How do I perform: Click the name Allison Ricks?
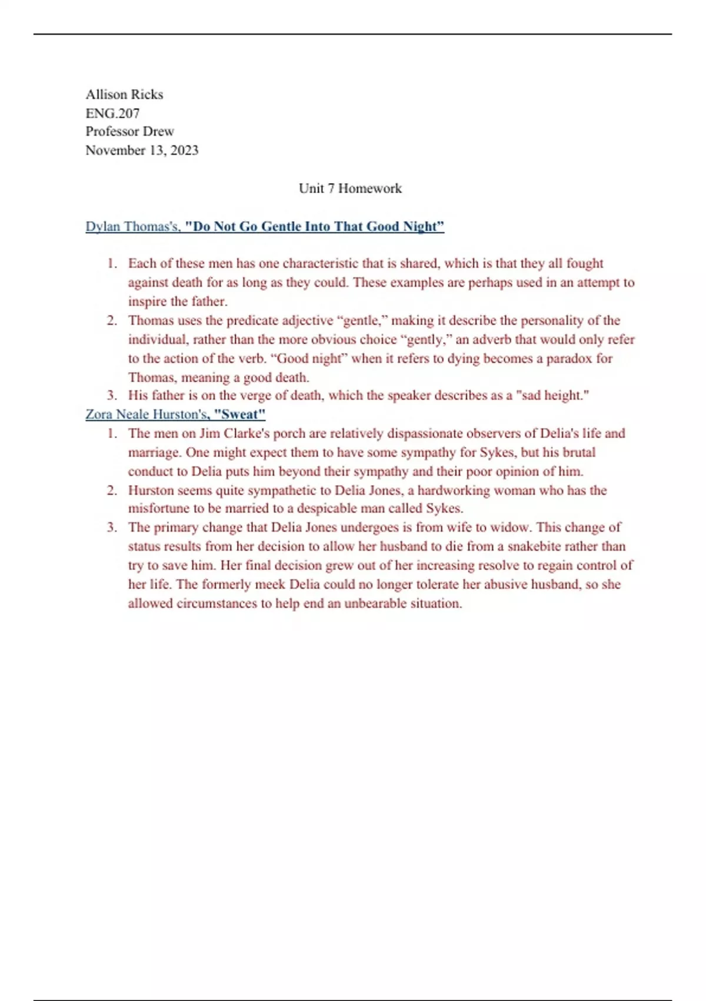[124, 94]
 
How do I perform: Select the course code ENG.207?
[112, 113]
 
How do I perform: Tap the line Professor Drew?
[129, 131]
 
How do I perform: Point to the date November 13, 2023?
[142, 150]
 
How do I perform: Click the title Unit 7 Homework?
[350, 188]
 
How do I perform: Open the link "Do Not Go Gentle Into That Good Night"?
[314, 227]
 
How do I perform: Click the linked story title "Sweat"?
[239, 415]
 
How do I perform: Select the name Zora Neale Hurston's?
[146, 415]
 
